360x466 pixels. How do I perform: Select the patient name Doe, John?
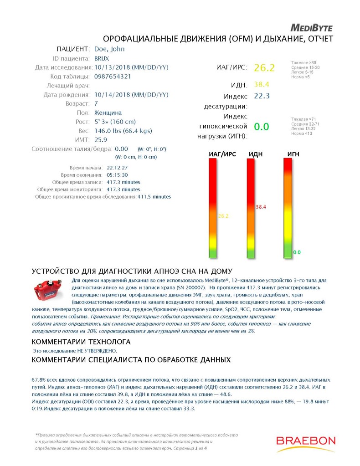click(x=109, y=49)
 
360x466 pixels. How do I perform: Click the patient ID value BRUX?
click(x=102, y=58)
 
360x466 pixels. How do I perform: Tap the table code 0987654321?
click(x=113, y=77)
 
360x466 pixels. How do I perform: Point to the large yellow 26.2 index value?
click(x=264, y=68)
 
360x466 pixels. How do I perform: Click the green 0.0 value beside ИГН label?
click(x=261, y=127)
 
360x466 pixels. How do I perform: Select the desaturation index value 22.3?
click(x=262, y=96)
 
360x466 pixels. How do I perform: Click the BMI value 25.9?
click(x=101, y=140)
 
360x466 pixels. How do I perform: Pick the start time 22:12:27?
click(x=117, y=168)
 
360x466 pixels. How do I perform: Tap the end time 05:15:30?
click(x=117, y=175)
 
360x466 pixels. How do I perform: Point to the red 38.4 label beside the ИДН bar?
click(x=261, y=207)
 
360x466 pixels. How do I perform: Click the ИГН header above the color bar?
click(x=293, y=154)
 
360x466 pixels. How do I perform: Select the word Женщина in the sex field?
click(x=108, y=113)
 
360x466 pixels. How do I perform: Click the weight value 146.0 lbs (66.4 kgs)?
click(x=123, y=131)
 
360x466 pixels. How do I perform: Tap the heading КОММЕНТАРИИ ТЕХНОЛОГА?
click(x=81, y=342)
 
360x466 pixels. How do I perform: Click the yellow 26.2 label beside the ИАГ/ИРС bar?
click(x=223, y=216)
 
